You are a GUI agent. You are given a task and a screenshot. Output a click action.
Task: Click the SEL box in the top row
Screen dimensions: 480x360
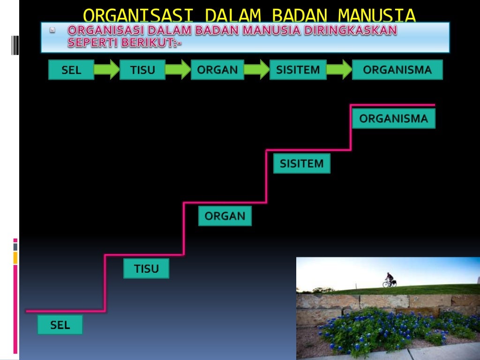(71, 70)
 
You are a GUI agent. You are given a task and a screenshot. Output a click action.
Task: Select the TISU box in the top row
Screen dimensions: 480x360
(142, 70)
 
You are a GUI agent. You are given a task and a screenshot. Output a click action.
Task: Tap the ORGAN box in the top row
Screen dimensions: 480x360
(217, 70)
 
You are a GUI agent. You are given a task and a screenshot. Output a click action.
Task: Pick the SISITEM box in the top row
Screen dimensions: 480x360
(298, 70)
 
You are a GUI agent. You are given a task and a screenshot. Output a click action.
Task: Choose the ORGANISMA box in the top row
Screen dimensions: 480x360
(397, 70)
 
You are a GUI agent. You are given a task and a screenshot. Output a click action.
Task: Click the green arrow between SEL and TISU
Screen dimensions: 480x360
(107, 70)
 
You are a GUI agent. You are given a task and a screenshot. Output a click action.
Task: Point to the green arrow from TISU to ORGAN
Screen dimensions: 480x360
(178, 70)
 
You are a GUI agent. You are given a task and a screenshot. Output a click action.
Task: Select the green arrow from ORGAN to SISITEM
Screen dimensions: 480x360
(257, 70)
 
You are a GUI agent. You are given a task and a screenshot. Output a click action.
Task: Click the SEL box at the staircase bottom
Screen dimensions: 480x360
(60, 325)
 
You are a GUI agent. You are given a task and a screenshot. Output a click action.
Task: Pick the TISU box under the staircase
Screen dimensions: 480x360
(146, 269)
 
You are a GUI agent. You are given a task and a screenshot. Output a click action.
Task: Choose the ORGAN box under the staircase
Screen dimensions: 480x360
(225, 216)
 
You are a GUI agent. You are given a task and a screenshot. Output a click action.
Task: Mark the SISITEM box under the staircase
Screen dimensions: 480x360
(302, 164)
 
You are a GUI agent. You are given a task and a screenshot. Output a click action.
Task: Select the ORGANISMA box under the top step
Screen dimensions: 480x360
(394, 119)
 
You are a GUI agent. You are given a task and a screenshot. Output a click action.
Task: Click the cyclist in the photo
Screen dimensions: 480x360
(389, 280)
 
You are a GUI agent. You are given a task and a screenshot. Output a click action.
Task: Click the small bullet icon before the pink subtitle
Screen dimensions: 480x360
(52, 30)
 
